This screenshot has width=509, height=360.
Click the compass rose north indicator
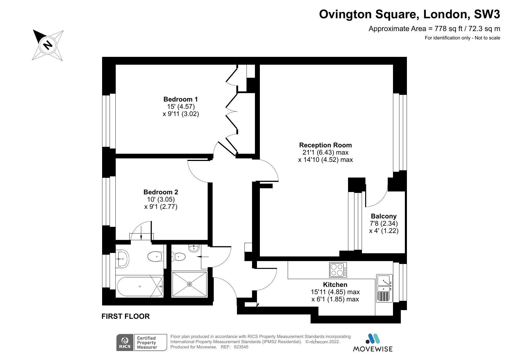click(x=48, y=45)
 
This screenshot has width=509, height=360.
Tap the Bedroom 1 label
click(x=181, y=99)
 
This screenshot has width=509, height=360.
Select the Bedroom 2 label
click(x=161, y=192)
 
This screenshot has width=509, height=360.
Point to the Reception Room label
click(x=325, y=145)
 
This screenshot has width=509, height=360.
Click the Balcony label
click(x=384, y=216)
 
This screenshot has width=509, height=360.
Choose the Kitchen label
click(x=335, y=285)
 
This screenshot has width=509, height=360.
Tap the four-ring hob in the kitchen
click(x=338, y=270)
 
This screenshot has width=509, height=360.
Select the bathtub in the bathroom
click(x=140, y=287)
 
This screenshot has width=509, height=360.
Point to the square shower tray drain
click(x=190, y=284)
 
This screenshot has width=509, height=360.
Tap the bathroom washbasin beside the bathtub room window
click(x=122, y=258)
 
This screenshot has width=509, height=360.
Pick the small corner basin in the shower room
click(x=193, y=248)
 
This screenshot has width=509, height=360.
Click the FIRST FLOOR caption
click(x=126, y=316)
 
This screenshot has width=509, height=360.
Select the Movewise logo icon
click(x=372, y=339)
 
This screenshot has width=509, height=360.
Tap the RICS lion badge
click(x=125, y=343)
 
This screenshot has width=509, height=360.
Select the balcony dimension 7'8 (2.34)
click(x=384, y=224)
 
